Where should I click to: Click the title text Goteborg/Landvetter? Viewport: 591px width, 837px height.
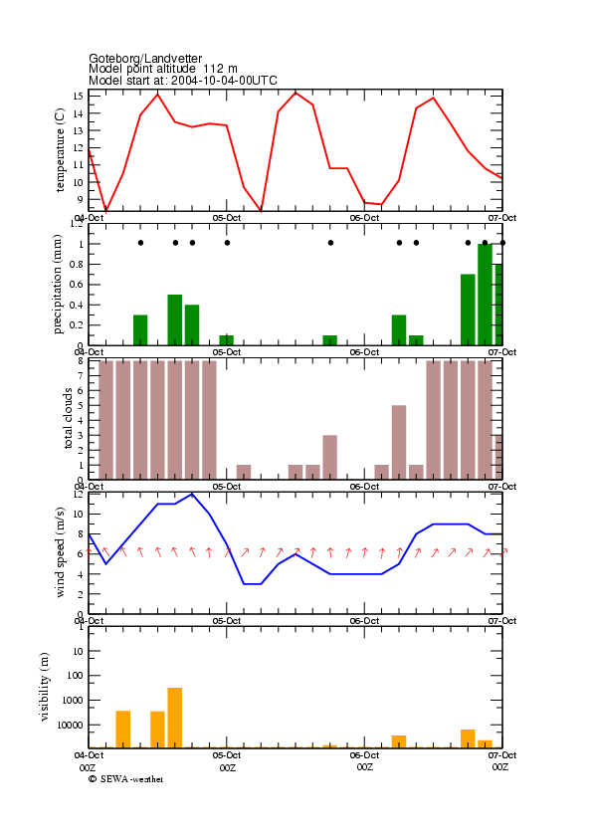pos(145,58)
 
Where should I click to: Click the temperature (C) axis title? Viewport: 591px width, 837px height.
pos(60,150)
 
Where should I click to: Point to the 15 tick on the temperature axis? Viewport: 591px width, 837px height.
pos(78,97)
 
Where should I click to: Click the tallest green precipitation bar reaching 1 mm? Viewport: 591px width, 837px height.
pos(485,295)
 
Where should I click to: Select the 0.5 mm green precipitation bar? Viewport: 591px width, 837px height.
pos(174,319)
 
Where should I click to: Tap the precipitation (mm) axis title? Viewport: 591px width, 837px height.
pos(58,285)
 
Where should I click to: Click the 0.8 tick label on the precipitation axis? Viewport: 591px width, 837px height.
pos(77,264)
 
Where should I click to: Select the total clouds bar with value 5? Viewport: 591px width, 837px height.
pos(399,443)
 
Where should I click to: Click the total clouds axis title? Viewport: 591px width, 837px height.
pos(68,418)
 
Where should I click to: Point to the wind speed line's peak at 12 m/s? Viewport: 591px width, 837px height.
pos(192,494)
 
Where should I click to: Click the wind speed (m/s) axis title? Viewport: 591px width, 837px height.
pos(60,552)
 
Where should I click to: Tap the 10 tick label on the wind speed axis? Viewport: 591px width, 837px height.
pos(78,515)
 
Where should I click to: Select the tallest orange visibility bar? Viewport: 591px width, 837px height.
pos(174,718)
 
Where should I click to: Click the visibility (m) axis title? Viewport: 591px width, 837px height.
pos(45,687)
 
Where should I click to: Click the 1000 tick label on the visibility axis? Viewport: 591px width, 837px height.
pos(73,701)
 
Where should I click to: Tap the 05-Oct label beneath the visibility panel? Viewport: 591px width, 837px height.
pos(227,755)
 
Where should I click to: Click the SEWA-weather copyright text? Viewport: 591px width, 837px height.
pos(126,779)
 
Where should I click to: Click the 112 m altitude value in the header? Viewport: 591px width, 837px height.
pos(220,69)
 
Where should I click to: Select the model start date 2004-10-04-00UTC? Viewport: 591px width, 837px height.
pos(224,81)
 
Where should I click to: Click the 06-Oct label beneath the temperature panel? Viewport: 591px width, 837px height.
pos(364,218)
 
